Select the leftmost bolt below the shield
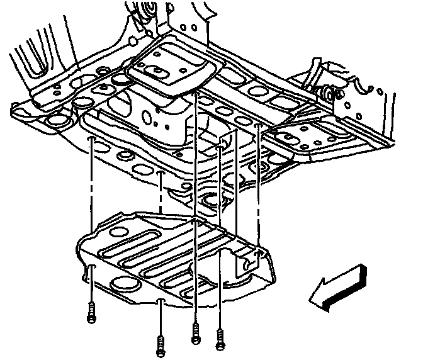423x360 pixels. click(x=92, y=312)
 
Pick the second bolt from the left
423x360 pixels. click(x=161, y=344)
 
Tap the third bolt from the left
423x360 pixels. click(x=196, y=332)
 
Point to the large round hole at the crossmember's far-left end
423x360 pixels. click(x=55, y=120)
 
